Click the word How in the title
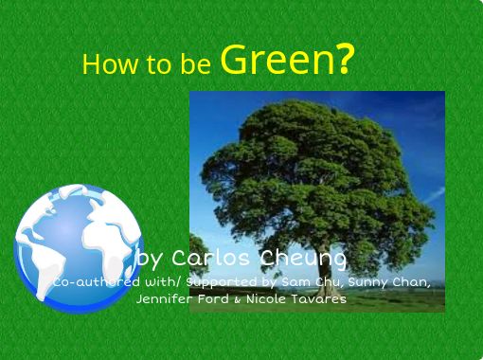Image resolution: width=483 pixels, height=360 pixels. tap(110, 64)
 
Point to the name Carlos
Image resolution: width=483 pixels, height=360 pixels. tap(210, 258)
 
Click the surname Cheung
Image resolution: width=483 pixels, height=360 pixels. tap(303, 260)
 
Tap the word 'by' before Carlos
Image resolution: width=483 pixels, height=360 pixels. tap(150, 260)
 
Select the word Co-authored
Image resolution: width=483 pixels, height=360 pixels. tap(97, 282)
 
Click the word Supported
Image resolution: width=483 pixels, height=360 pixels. tap(222, 282)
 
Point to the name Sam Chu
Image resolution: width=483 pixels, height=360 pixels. tap(312, 282)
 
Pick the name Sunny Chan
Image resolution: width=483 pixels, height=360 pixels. tap(389, 282)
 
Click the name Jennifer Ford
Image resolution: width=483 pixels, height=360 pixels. tap(183, 298)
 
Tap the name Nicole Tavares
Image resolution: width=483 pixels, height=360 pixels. tap(296, 298)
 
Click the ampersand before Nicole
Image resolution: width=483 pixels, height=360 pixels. tap(238, 299)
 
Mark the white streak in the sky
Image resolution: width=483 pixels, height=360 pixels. tap(435, 195)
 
